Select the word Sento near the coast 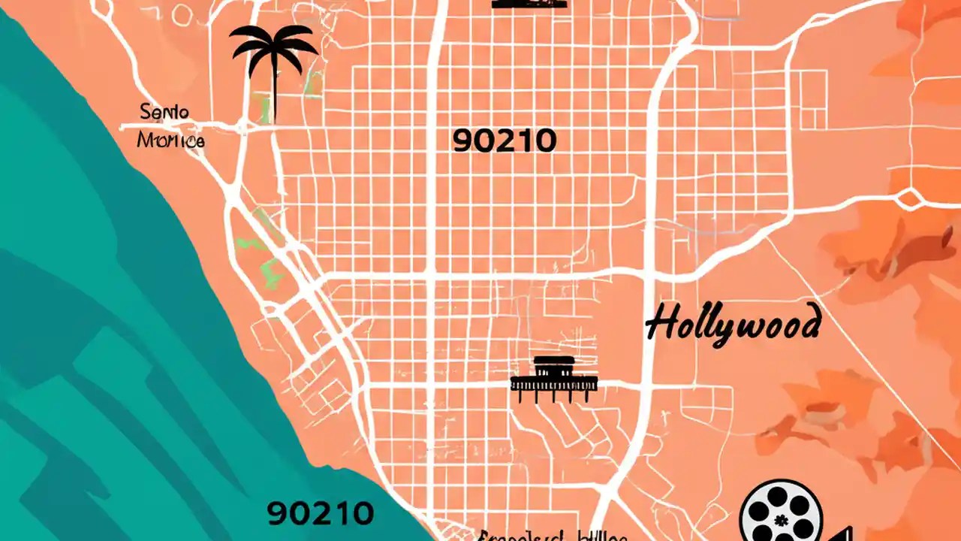[164, 113]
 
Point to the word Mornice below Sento [170, 140]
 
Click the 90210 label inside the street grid [504, 141]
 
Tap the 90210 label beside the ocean [320, 513]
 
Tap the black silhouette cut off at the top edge [529, 4]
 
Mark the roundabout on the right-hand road [909, 200]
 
